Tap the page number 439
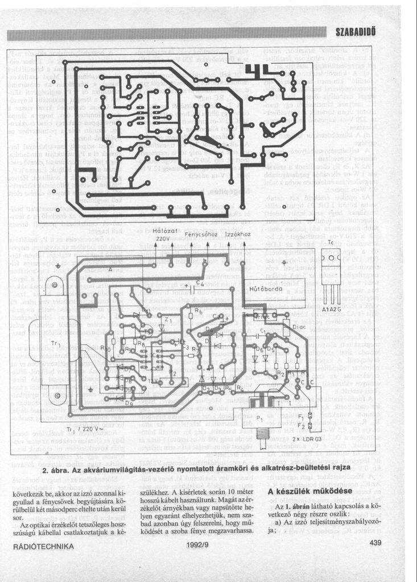coord(374,543)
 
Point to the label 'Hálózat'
coord(166,230)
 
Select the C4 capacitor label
coord(199,282)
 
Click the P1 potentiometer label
coord(261,418)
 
